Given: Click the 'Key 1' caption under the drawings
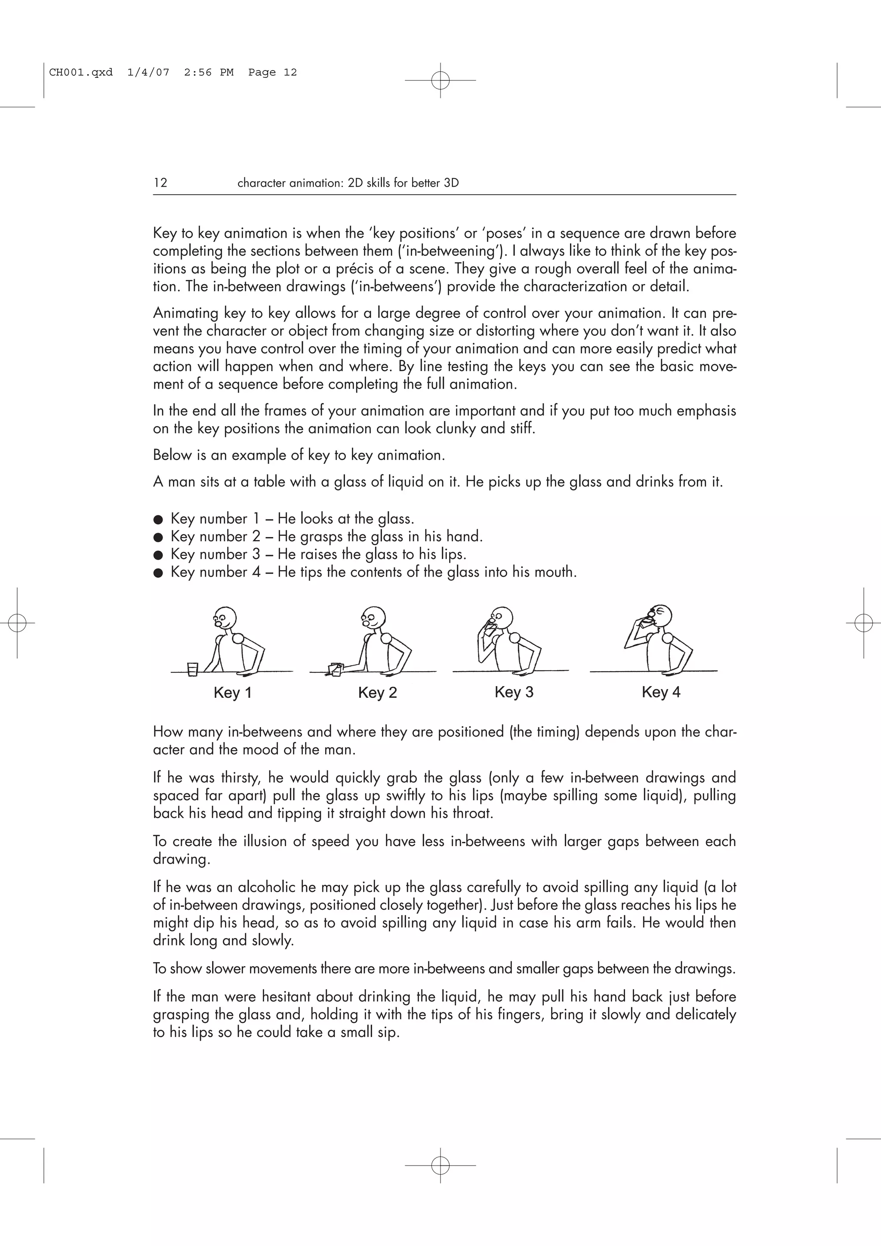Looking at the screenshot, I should pyautogui.click(x=232, y=693).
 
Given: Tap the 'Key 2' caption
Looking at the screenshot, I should pyautogui.click(x=377, y=693).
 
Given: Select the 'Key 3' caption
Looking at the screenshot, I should pyautogui.click(x=514, y=692).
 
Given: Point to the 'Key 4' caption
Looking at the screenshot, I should pyautogui.click(x=661, y=692).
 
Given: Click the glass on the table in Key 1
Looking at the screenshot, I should pyautogui.click(x=192, y=669).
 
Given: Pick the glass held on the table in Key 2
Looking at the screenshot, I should pyautogui.click(x=336, y=669).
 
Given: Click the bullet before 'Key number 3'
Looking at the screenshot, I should pyautogui.click(x=158, y=555).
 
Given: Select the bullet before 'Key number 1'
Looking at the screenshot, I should pyautogui.click(x=158, y=519).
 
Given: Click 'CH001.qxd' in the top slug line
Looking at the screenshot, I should pyautogui.click(x=81, y=72).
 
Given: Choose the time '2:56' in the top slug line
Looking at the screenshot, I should pyautogui.click(x=197, y=72).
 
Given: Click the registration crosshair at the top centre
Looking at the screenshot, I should pyautogui.click(x=440, y=80).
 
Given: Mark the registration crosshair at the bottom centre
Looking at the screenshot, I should pyautogui.click(x=440, y=1165).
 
